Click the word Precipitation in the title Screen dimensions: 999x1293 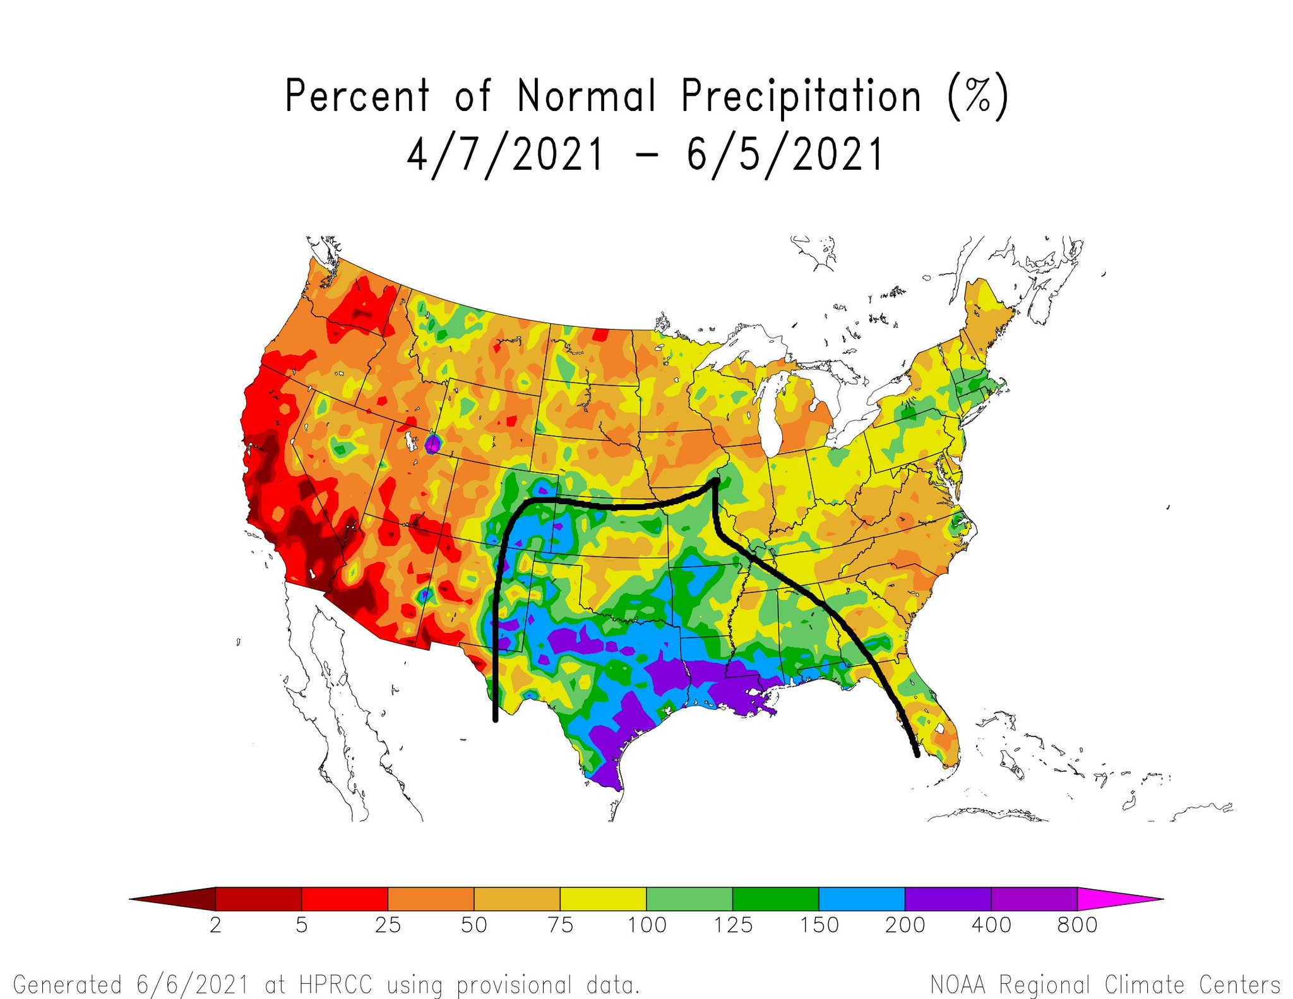[x=801, y=97]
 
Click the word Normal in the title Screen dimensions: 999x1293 [x=587, y=97]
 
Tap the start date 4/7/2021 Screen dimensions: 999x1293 [x=505, y=155]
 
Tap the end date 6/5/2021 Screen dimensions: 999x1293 [x=784, y=155]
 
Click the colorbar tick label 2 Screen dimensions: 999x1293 [x=215, y=925]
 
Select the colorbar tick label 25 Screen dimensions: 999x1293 [x=388, y=925]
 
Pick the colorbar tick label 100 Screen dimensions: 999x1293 [x=646, y=925]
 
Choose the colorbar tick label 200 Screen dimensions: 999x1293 [x=905, y=925]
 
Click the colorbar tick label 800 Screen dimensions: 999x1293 [x=1077, y=925]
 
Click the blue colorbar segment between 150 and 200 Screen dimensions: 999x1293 [x=862, y=898]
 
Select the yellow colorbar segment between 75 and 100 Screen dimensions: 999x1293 [x=603, y=898]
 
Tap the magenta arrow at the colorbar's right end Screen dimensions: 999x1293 [x=1111, y=898]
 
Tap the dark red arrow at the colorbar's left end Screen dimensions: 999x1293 [x=180, y=898]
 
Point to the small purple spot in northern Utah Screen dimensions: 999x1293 [x=432, y=444]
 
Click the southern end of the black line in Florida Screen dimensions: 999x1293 [x=917, y=754]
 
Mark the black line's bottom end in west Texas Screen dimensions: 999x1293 [x=495, y=719]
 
